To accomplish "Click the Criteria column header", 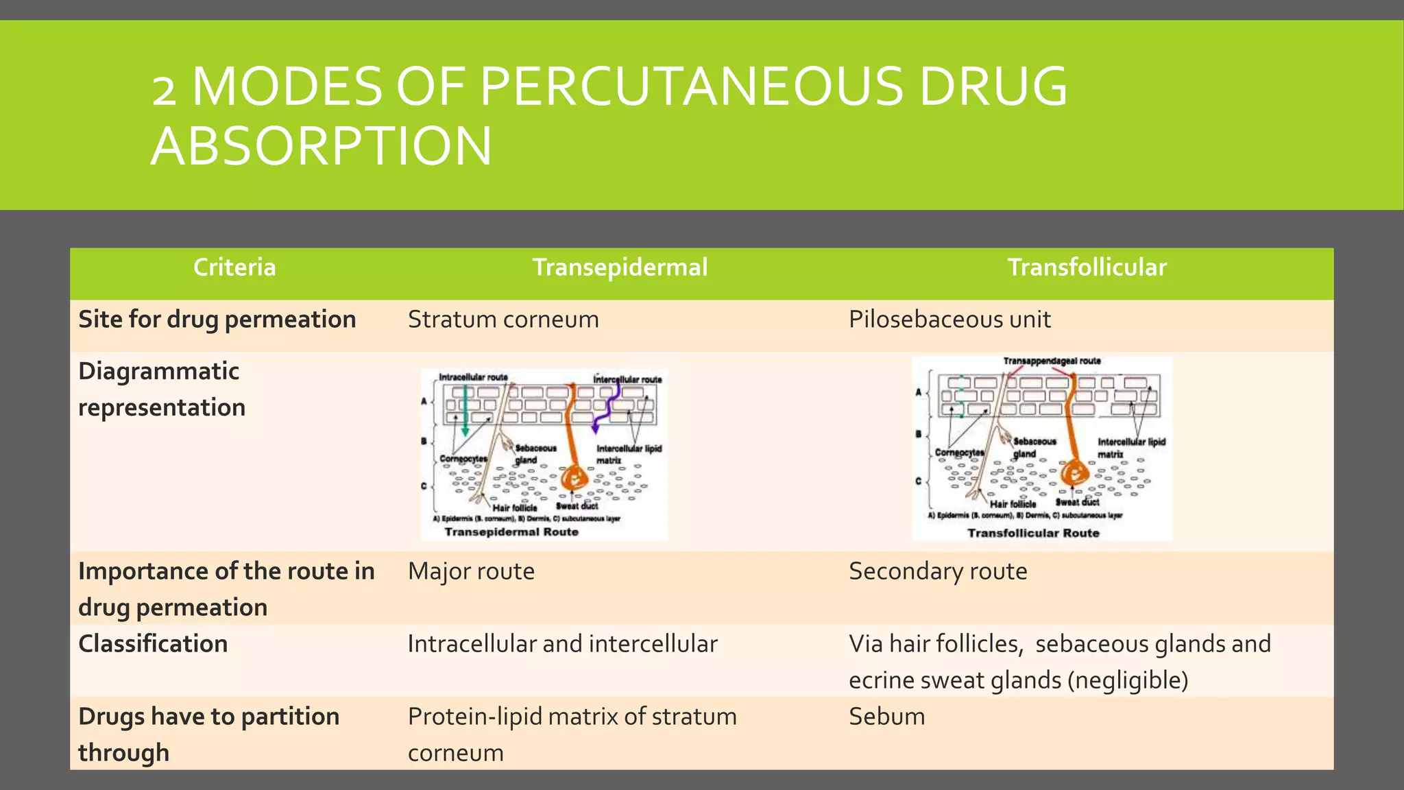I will coord(234,267).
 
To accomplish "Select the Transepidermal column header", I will coord(620,267).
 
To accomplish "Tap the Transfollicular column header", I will coord(1087,267).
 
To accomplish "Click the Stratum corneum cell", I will coord(503,320).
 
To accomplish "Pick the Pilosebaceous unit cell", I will coord(949,320).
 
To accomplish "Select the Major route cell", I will coord(471,571).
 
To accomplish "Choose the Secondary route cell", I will coord(938,571).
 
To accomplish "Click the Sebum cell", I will coord(886,717).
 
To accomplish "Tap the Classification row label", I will coord(153,644).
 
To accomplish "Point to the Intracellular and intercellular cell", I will coord(562,644).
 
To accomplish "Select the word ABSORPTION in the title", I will coord(321,146).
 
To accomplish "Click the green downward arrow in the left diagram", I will coord(465,411).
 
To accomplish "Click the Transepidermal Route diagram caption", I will coord(511,532).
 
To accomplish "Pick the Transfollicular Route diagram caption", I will coord(1033,533).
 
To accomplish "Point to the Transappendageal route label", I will coord(1052,361).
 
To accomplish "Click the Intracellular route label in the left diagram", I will coord(473,377).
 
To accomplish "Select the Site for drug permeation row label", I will coord(217,320).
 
